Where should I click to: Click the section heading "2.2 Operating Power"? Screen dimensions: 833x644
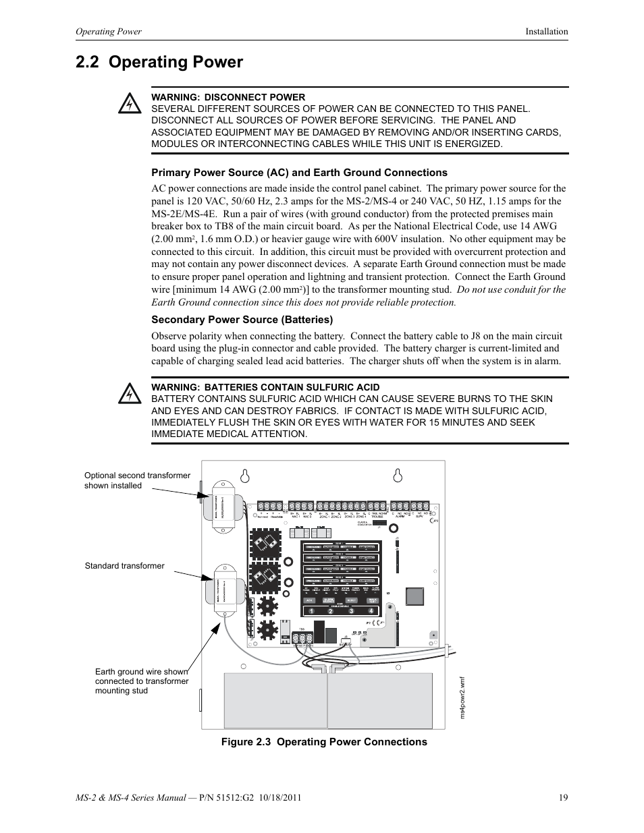pos(159,62)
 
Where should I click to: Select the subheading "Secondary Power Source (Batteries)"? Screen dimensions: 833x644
pos(242,320)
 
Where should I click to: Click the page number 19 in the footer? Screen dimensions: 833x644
pos(563,798)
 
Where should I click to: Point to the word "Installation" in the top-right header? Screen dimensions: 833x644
pos(547,32)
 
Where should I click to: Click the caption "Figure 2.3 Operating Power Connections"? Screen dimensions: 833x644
pos(325,742)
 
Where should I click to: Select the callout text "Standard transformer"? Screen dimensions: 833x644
pos(124,566)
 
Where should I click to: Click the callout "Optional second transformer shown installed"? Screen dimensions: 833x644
pos(137,480)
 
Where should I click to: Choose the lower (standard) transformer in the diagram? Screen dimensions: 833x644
pos(225,589)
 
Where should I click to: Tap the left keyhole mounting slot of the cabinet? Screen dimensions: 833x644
pos(246,476)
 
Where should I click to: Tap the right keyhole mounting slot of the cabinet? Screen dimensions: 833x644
pos(398,476)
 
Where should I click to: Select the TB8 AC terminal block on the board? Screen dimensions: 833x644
pos(303,639)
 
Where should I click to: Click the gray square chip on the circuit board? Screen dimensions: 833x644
pos(414,597)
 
